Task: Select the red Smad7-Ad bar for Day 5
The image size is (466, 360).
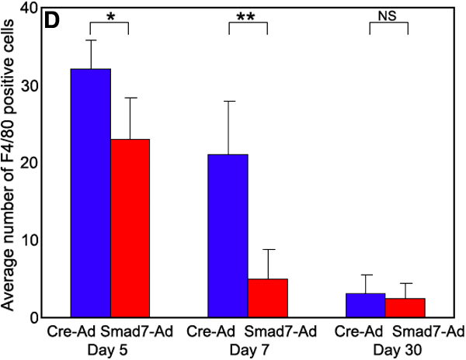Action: tap(130, 228)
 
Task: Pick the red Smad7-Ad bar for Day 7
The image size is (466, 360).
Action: tap(267, 298)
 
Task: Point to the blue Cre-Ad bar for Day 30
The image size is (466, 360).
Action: tap(367, 305)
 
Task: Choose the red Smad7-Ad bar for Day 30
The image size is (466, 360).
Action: tap(405, 307)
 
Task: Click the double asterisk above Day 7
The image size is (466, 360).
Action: tap(248, 17)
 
